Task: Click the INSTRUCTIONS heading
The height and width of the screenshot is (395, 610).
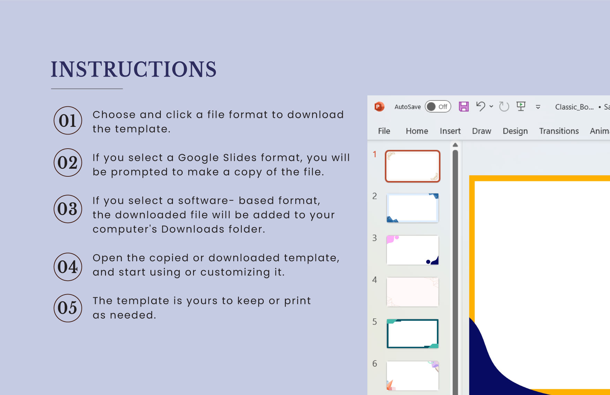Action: pos(134,69)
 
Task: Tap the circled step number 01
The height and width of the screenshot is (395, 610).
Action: pos(68,120)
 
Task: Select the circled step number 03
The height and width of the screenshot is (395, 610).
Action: pos(68,209)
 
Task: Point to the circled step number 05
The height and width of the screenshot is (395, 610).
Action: pos(68,308)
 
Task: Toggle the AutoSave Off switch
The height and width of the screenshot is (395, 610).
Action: pos(438,107)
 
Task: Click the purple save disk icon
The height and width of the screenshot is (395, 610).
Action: pos(464,106)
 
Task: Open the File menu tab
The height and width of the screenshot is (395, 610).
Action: pos(384,131)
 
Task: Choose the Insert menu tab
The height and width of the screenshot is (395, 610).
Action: pos(450,131)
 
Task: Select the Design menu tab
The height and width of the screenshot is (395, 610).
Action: pos(515,131)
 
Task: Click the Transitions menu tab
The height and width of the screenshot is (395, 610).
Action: pos(559,131)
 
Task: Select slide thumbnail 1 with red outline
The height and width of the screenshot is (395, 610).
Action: pos(412,166)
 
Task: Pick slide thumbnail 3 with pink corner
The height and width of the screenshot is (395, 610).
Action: pos(412,250)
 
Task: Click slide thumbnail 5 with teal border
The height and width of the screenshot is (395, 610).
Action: pos(412,334)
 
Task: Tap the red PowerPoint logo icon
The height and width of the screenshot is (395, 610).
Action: pos(379,106)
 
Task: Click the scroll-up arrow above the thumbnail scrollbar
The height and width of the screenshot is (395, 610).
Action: pos(455,145)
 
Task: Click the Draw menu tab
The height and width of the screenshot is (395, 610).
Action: pos(482,131)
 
